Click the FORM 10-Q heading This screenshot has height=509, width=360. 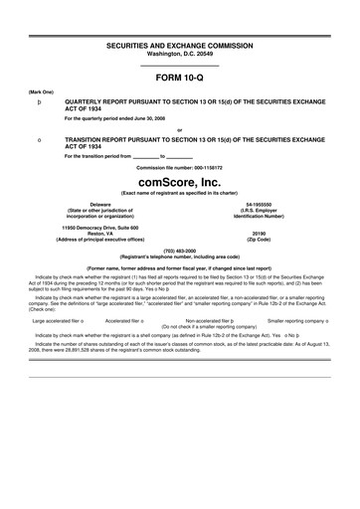coord(179,76)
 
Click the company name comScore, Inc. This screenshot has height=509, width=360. coord(179,183)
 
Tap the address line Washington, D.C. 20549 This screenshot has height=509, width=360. coord(179,56)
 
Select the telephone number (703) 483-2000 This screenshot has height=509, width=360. coord(179,250)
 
